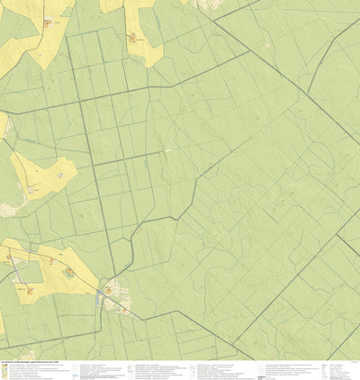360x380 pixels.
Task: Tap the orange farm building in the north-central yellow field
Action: (132, 38)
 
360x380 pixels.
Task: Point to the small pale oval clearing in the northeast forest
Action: (168, 149)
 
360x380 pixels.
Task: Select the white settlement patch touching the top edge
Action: (209, 4)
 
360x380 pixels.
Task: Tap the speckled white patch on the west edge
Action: (4, 126)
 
